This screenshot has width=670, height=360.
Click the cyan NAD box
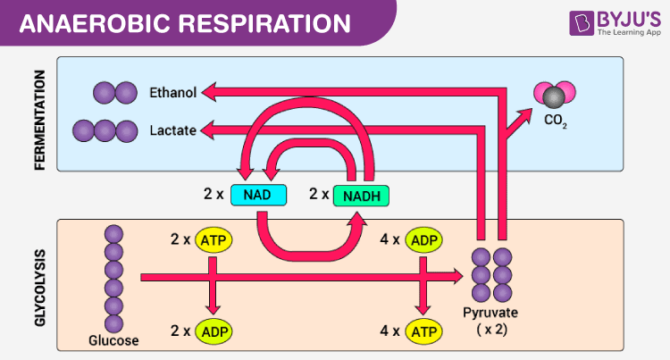tap(259, 194)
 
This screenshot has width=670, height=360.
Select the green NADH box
tap(362, 195)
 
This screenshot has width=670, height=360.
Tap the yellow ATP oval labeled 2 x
tap(214, 239)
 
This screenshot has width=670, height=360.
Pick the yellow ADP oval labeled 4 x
tap(424, 239)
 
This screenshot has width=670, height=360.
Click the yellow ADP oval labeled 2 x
tap(214, 331)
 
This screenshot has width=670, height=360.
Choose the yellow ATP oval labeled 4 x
tap(424, 331)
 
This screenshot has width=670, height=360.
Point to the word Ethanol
tap(174, 91)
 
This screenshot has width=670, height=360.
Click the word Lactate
tap(173, 131)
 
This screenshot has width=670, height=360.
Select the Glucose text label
tap(113, 339)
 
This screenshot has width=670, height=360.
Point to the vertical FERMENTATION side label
tap(40, 113)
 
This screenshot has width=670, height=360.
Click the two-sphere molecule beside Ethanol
tap(114, 91)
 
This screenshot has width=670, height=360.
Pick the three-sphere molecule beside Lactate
tap(95, 131)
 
